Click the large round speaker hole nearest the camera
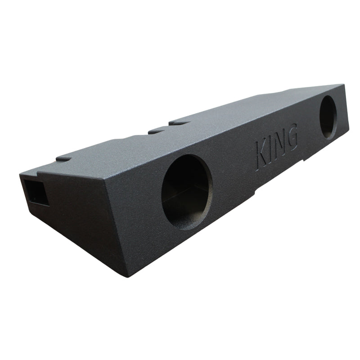coord(187,192)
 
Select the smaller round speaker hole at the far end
coord(328,117)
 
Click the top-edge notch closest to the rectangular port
coord(64,159)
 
